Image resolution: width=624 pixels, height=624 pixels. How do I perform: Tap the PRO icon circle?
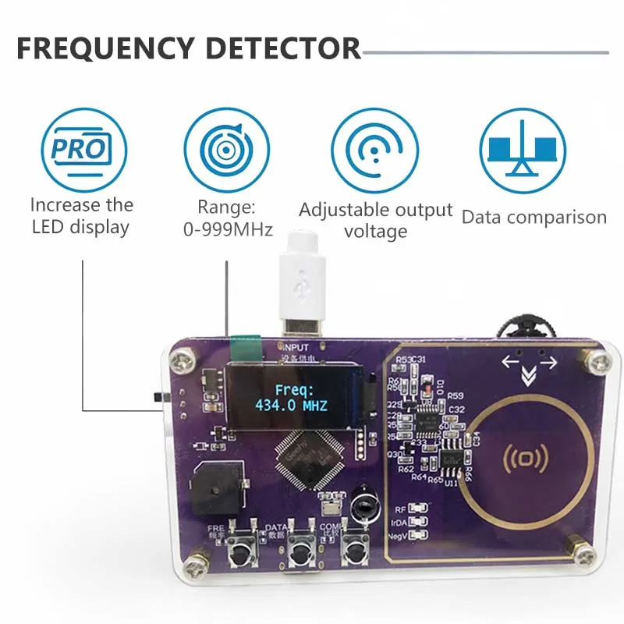point(82,149)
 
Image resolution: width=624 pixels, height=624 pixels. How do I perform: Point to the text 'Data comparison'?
point(534,218)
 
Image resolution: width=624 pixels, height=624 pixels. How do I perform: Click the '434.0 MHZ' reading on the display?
point(290,406)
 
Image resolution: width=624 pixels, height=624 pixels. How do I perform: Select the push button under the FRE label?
point(239,556)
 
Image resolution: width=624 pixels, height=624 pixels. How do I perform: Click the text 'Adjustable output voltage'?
point(376,221)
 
